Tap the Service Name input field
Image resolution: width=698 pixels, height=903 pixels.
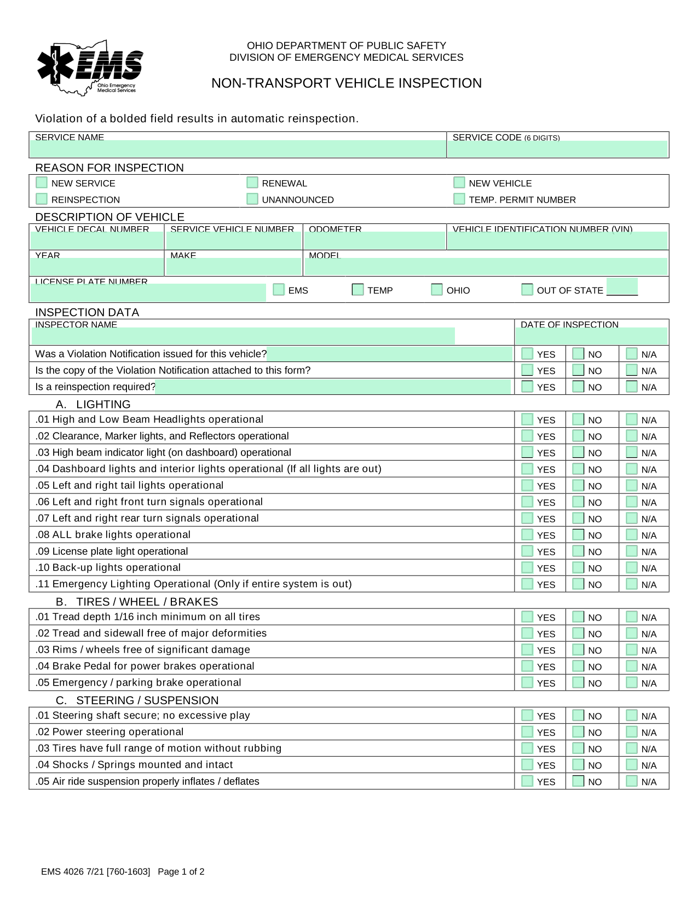[238, 148]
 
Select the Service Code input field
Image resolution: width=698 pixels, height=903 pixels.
[557, 149]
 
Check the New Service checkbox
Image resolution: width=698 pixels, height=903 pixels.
[42, 182]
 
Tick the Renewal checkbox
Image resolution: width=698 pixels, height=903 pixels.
[252, 182]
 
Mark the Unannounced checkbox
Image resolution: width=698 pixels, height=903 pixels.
[252, 199]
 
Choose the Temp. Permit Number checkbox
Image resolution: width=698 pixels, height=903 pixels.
[459, 199]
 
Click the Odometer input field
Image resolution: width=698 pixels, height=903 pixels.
[374, 240]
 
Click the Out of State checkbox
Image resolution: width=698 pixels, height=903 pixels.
[527, 289]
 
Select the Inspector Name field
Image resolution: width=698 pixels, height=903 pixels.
[243, 336]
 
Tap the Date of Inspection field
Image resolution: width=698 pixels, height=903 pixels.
[591, 336]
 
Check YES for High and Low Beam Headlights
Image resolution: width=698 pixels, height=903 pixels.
[527, 419]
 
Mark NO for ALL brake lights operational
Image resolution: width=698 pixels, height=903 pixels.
[578, 534]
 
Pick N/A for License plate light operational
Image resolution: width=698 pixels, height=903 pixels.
[632, 551]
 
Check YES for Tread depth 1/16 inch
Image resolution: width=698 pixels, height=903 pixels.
[527, 617]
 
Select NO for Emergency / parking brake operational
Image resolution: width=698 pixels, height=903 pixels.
[578, 682]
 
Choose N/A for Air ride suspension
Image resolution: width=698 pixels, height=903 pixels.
[632, 781]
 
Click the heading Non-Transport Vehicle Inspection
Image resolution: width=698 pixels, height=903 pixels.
[347, 83]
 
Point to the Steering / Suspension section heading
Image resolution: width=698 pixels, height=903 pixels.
[147, 700]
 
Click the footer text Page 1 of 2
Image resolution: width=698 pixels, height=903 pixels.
[181, 872]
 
